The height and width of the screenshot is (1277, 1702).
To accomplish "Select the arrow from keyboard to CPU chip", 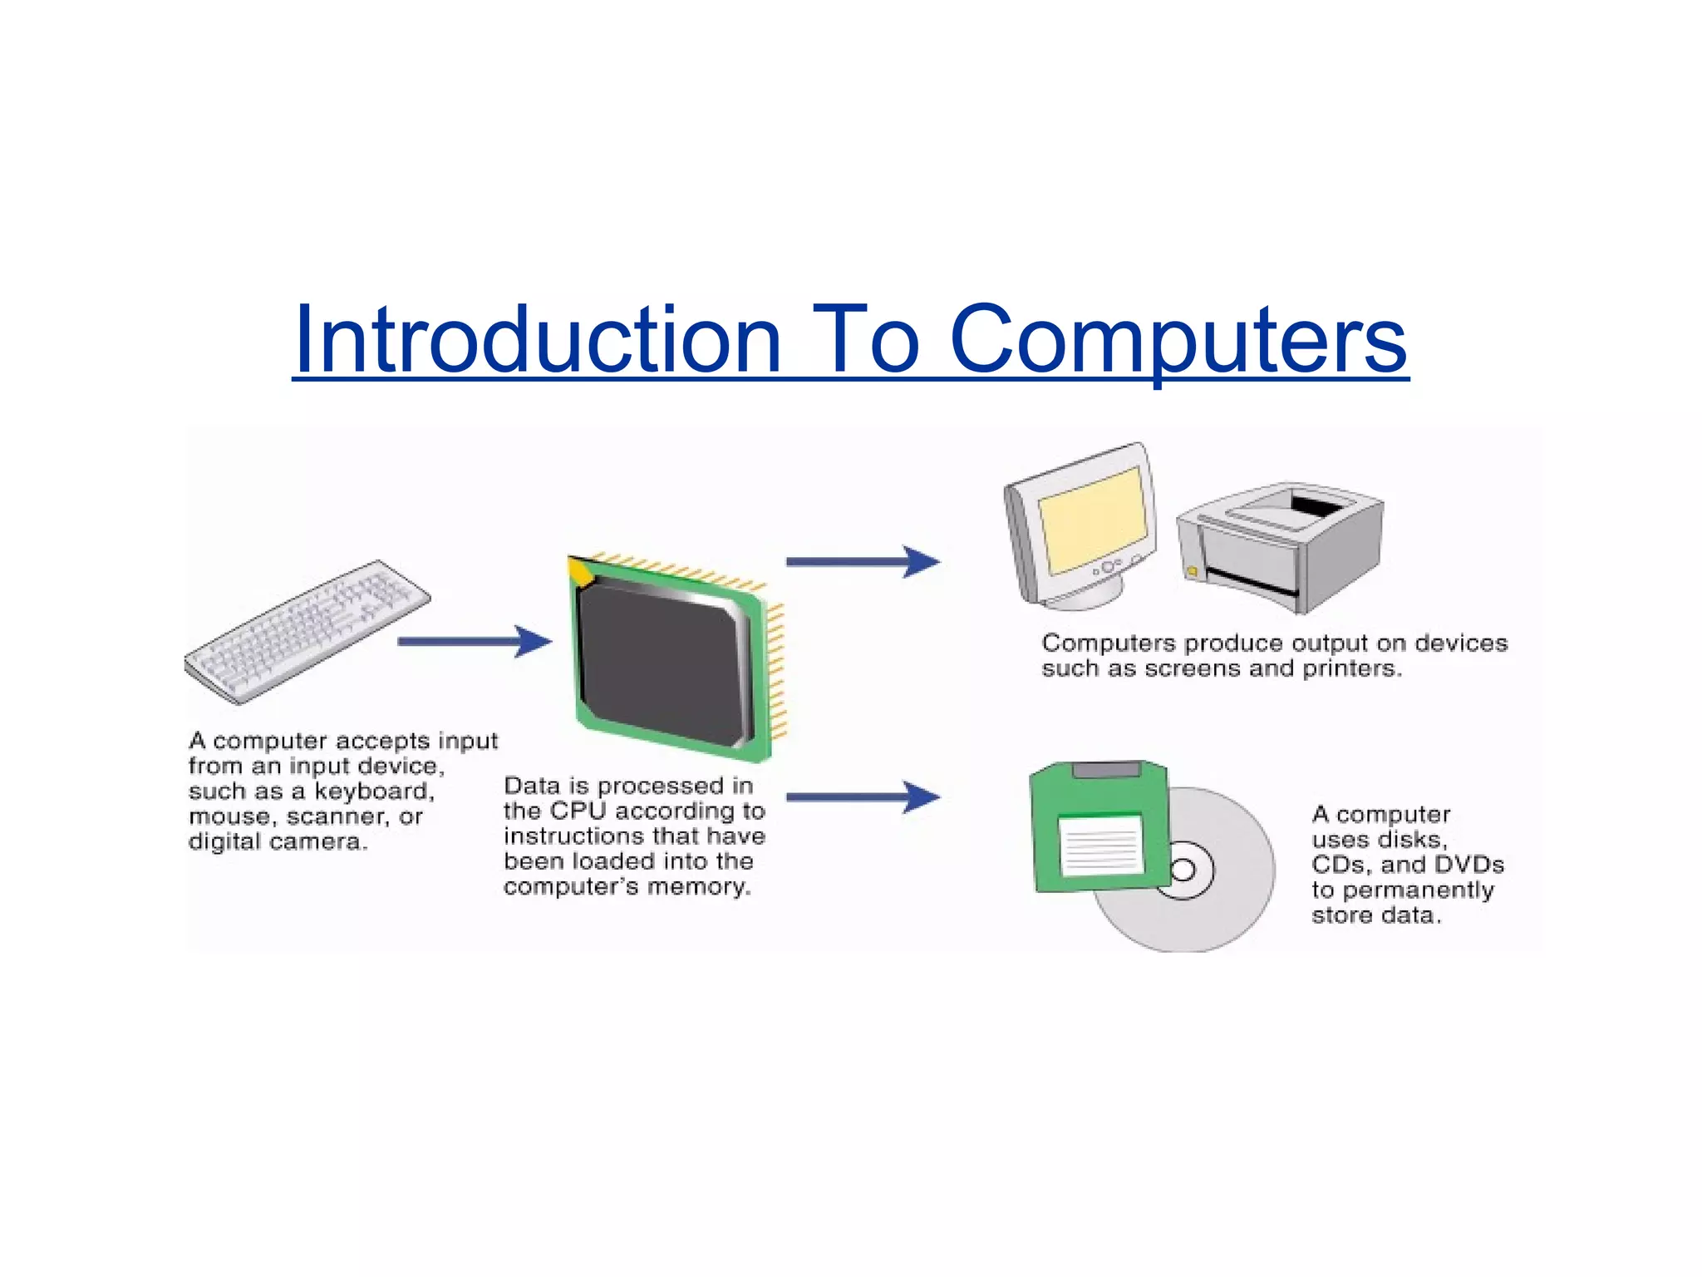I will click(x=474, y=641).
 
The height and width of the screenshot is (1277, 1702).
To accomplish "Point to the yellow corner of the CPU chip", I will click(x=579, y=571).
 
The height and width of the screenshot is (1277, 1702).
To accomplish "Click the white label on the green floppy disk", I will click(x=1101, y=845).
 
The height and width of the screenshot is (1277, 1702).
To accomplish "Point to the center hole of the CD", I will click(x=1183, y=870).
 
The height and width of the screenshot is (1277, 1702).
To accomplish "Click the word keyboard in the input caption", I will click(x=373, y=791).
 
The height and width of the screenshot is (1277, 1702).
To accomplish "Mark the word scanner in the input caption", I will click(x=335, y=816).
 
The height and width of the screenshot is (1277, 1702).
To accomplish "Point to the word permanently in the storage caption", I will click(x=1418, y=890).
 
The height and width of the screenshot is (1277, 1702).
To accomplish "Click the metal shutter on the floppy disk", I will click(x=1106, y=769).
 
